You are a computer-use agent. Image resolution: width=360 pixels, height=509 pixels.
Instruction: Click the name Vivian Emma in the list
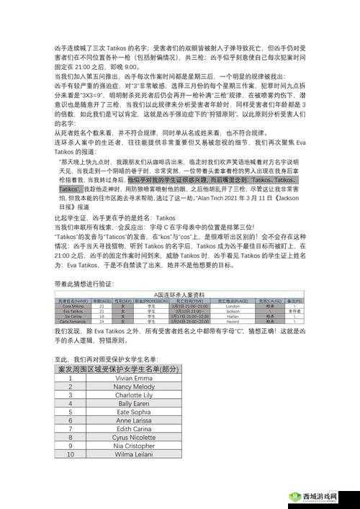(x=134, y=377)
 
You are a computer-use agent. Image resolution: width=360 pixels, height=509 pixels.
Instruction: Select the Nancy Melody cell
(x=134, y=387)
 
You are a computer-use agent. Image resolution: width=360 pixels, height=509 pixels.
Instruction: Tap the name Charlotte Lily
(x=134, y=396)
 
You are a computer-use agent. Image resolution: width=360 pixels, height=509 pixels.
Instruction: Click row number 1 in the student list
(x=71, y=377)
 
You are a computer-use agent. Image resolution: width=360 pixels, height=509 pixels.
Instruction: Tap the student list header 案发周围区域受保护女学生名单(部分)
(x=118, y=368)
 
